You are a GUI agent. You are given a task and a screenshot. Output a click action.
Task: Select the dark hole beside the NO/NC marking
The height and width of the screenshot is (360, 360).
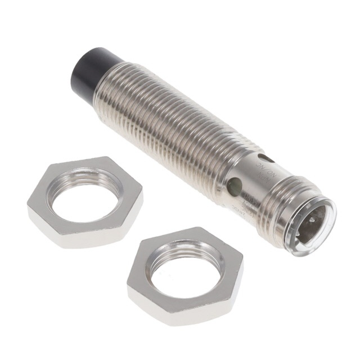(x=260, y=159)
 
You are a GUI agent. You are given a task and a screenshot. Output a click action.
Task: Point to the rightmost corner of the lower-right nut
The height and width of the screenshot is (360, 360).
(x=243, y=264)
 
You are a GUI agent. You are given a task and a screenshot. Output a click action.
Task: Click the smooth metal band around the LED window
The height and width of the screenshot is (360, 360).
(x=247, y=180)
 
